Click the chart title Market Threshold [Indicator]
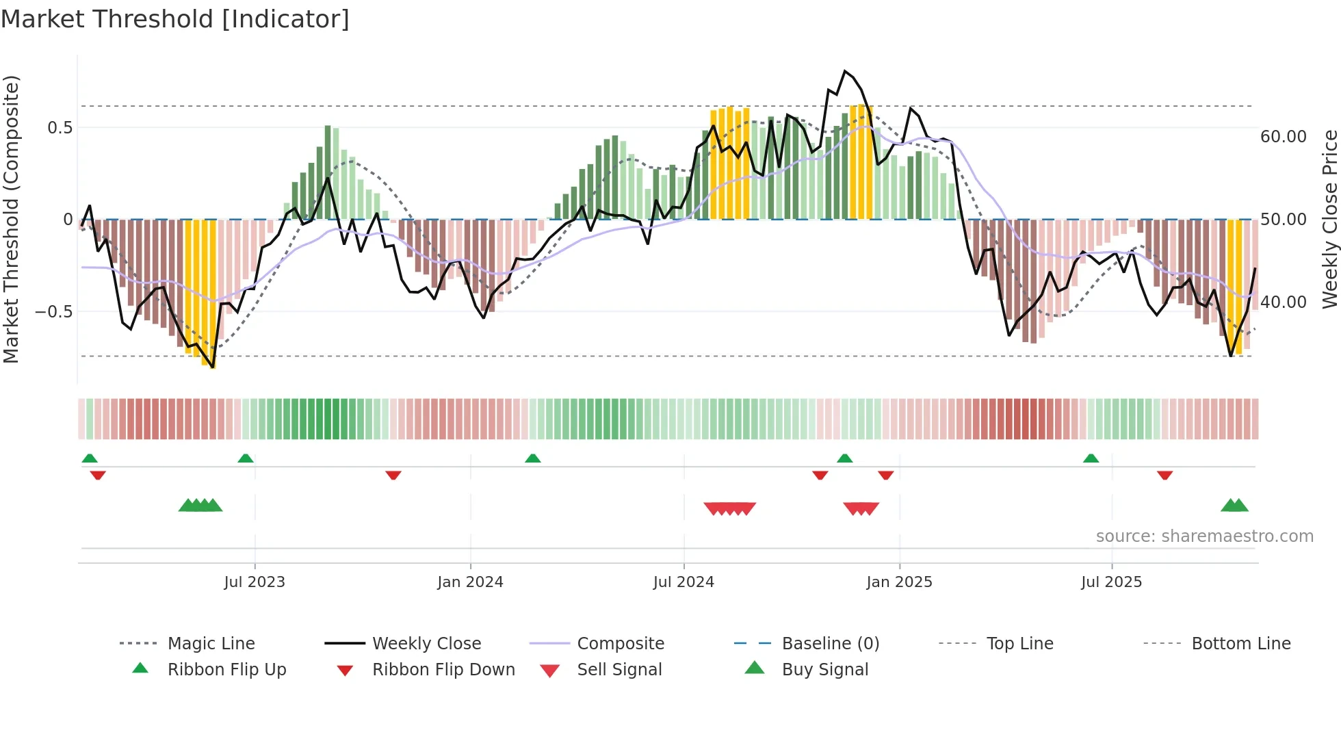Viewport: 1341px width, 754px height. (x=175, y=19)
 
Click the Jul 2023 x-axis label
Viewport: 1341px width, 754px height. (x=255, y=582)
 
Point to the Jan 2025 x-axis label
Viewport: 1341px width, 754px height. (x=899, y=582)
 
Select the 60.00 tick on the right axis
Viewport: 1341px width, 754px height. (x=1283, y=137)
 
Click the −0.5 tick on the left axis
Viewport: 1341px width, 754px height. (x=53, y=312)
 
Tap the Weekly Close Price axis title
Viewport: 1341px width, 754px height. (x=1329, y=219)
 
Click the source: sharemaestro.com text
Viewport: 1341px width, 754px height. (x=1204, y=536)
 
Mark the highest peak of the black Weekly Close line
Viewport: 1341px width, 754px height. (x=846, y=71)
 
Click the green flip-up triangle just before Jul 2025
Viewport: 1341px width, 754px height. (x=1091, y=458)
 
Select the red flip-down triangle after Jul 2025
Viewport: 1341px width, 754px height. (x=1164, y=475)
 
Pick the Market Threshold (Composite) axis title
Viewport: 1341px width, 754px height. (x=11, y=219)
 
